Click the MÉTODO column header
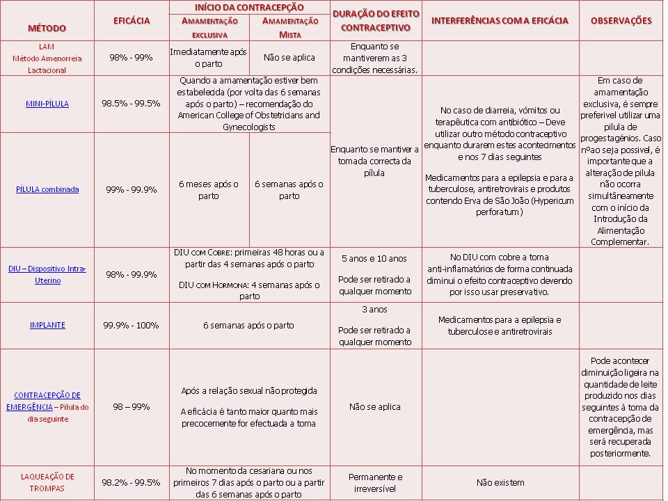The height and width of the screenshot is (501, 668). pos(47,28)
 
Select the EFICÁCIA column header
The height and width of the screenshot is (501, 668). pos(131,21)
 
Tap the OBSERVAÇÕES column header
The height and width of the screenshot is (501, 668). pos(621,20)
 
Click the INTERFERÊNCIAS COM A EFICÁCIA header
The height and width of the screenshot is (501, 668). pos(500,20)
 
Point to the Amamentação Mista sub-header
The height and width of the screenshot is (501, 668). pos(289,27)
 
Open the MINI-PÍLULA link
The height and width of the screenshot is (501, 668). pos(47,104)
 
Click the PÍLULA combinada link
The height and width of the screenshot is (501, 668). pos(47,189)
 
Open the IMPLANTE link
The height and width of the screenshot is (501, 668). pos(47,325)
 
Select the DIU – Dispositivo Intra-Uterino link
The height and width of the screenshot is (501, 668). pos(47,274)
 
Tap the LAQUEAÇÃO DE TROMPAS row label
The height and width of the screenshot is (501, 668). pos(47,482)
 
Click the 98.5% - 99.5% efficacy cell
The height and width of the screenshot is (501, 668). pos(131,103)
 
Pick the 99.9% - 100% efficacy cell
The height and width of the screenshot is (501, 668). pos(131,325)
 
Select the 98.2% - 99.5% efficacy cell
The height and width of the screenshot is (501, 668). pos(131,482)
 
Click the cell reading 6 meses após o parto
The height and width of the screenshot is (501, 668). pos(209,189)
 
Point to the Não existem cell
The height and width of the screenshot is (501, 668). pos(500,482)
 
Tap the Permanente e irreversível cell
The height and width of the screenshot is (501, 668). pos(375,482)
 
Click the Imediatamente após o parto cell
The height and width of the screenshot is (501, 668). pos(209,58)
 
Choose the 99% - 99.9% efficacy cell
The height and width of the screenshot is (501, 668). pos(131,189)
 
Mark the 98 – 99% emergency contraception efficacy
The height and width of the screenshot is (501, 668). pos(131,406)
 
